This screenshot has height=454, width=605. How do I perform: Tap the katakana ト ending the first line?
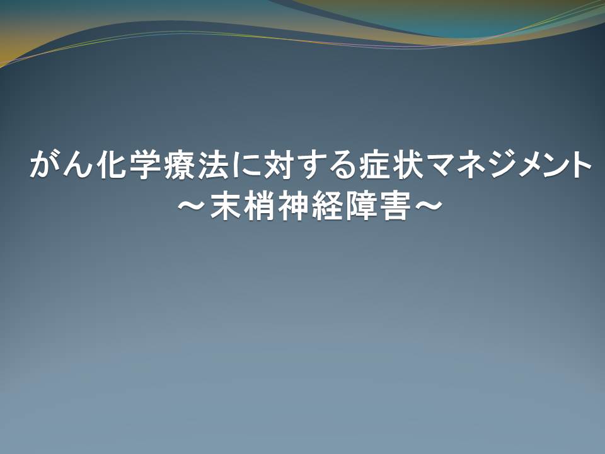tap(579, 165)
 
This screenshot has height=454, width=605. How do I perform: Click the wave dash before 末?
tap(192, 205)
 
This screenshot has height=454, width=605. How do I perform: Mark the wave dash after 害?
tap(428, 205)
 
